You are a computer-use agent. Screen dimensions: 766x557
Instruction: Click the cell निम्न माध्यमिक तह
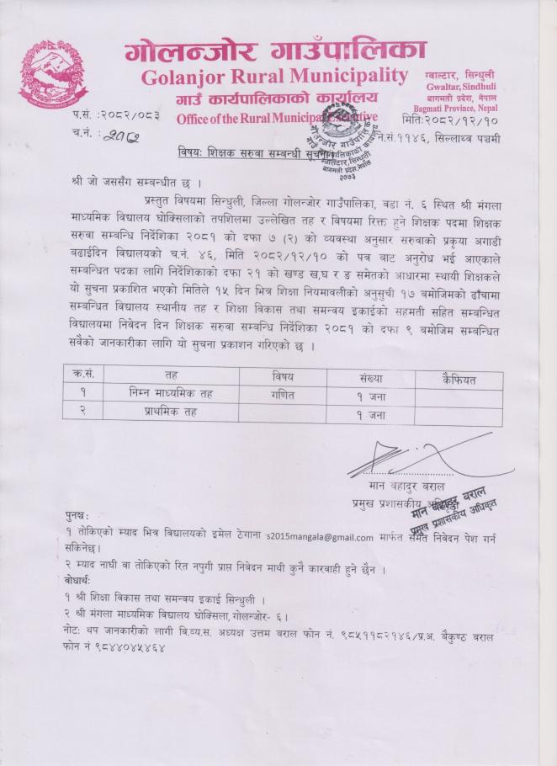click(171, 393)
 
